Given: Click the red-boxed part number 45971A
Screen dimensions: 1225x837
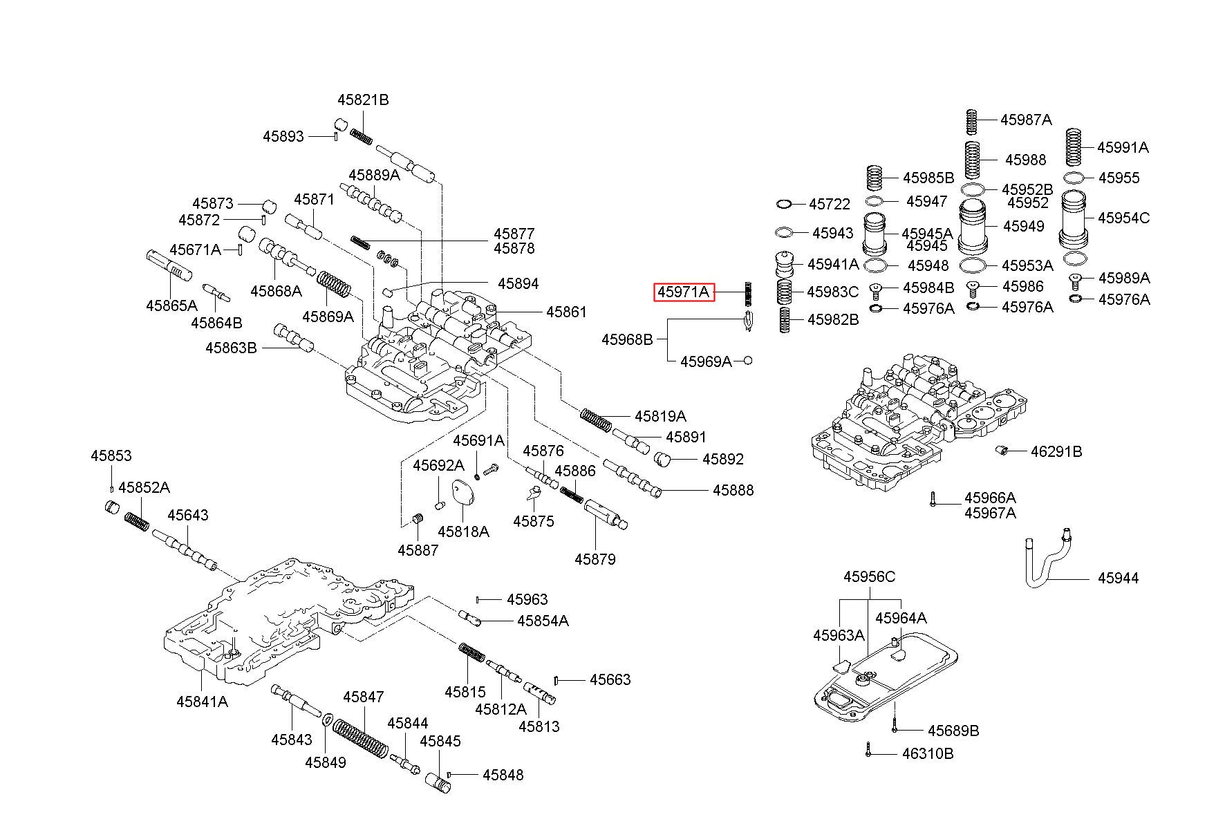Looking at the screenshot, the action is [x=684, y=292].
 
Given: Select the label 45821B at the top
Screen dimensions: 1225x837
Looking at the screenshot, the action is [x=363, y=100].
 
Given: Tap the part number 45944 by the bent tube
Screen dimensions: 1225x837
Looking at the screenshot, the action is [x=1118, y=578].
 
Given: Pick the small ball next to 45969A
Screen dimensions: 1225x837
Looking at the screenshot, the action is [x=747, y=361].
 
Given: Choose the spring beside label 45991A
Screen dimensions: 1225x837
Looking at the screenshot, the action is [x=1073, y=147].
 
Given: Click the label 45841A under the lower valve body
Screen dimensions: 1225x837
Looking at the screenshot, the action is [x=202, y=702].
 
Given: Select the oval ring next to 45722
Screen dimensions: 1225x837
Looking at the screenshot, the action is [x=784, y=204].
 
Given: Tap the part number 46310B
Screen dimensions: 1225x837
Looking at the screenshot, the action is [x=927, y=753].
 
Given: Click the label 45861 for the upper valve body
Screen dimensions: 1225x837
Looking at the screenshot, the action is [x=566, y=312].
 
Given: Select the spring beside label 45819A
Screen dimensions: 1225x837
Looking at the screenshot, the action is [x=596, y=419].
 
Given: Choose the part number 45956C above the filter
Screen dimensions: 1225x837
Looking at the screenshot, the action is [x=869, y=576].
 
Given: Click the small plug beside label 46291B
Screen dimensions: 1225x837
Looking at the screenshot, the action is [x=1002, y=451].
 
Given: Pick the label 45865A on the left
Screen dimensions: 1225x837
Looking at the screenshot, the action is [x=171, y=305].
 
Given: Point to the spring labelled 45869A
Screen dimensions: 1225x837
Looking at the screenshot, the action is [x=334, y=284].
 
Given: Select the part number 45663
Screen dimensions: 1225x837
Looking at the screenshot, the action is [x=610, y=679].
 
